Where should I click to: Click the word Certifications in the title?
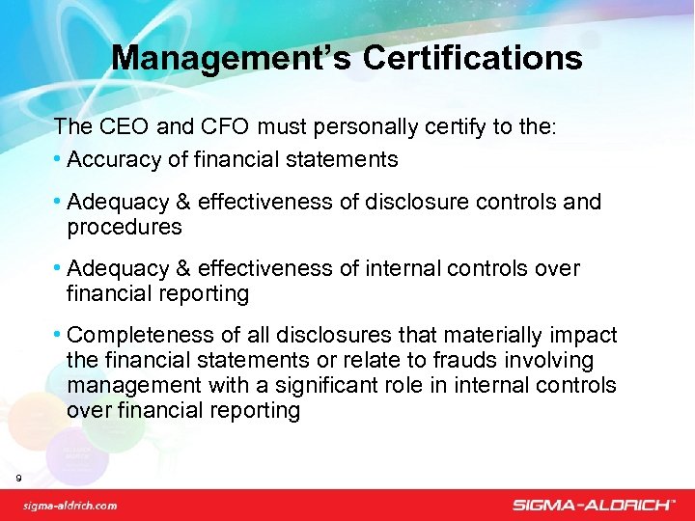click(x=472, y=59)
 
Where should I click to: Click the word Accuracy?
click(x=112, y=159)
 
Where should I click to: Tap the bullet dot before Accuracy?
click(x=60, y=159)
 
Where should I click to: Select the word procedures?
click(x=125, y=227)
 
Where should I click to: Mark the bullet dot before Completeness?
click(x=60, y=335)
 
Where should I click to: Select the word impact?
click(x=584, y=335)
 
